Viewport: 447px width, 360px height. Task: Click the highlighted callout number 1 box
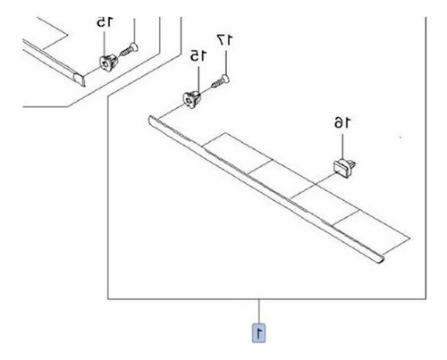(x=259, y=332)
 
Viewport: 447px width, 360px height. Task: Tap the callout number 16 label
(x=342, y=122)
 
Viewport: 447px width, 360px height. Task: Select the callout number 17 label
(x=225, y=40)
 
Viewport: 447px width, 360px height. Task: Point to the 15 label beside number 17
(x=198, y=55)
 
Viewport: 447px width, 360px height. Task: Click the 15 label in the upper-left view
(x=105, y=21)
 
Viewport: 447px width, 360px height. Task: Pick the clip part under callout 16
(x=344, y=168)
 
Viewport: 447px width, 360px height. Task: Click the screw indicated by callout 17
(x=221, y=82)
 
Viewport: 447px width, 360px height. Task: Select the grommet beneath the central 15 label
(x=191, y=99)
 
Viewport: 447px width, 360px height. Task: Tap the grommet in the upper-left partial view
(x=108, y=63)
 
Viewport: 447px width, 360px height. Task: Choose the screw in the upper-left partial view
(x=129, y=50)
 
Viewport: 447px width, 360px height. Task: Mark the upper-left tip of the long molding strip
(x=149, y=118)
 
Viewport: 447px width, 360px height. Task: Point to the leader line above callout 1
(x=259, y=311)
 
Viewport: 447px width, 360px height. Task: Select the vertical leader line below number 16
(x=342, y=147)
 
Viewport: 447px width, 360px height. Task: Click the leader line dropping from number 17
(x=226, y=63)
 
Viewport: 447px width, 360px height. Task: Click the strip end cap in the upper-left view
(x=79, y=80)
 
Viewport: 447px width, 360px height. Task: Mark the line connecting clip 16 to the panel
(x=325, y=180)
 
